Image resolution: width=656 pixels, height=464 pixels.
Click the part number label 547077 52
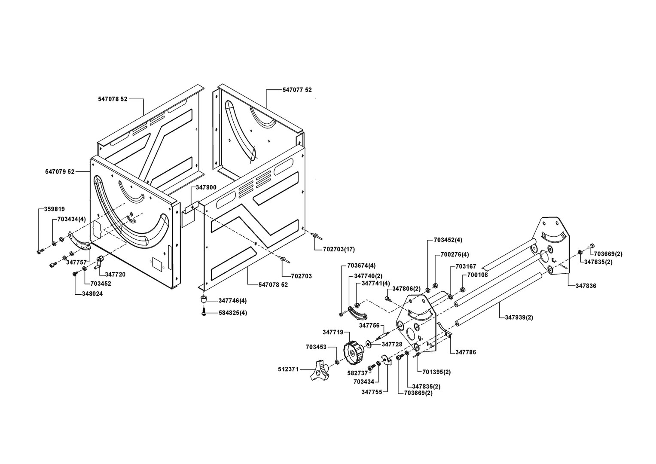point(297,90)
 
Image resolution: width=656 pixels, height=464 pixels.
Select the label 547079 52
point(60,171)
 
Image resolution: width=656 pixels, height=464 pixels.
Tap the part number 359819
point(55,209)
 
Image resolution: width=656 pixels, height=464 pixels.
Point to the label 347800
point(206,187)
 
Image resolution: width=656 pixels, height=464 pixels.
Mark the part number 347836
point(586,285)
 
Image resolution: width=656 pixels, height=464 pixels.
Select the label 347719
point(333,332)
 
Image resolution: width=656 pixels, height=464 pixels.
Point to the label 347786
point(466,352)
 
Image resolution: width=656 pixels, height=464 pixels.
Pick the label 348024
point(92,294)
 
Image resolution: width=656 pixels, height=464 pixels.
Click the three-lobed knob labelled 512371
point(318,372)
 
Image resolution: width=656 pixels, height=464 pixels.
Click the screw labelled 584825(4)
point(204,313)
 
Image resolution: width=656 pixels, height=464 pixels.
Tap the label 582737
point(357,373)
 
